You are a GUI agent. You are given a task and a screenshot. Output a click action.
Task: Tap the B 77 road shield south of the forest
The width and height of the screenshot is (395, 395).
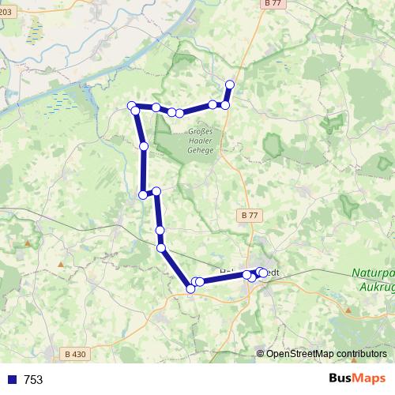249,214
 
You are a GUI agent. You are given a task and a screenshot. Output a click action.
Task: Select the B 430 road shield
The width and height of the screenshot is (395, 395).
74,355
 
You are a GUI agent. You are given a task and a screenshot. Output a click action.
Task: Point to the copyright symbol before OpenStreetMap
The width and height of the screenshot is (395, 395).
261,354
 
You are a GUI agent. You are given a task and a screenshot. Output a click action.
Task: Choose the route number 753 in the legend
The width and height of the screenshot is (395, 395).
33,380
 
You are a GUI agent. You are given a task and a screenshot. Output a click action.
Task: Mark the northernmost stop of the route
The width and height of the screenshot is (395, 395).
230,85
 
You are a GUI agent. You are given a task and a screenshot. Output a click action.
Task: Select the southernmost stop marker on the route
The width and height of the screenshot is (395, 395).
190,289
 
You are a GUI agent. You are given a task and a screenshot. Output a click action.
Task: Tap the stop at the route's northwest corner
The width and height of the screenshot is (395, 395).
132,107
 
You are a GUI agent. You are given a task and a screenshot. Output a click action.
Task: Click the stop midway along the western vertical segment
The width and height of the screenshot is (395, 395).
144,146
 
